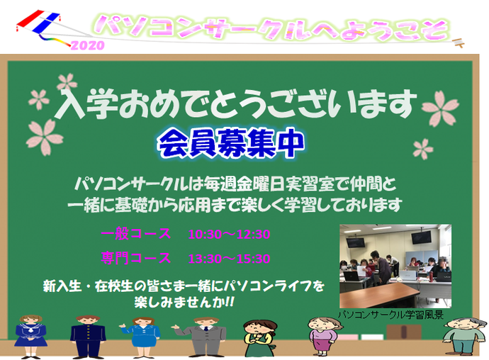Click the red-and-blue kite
click(x=38, y=21)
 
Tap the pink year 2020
click(x=88, y=45)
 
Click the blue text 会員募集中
click(x=231, y=143)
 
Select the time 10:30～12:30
click(x=229, y=235)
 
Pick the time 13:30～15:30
click(x=229, y=259)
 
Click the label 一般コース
click(x=136, y=234)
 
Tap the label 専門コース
click(x=136, y=258)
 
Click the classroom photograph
click(x=395, y=266)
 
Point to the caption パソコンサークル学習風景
click(x=390, y=315)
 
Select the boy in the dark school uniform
click(x=88, y=337)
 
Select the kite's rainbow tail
click(x=55, y=40)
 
